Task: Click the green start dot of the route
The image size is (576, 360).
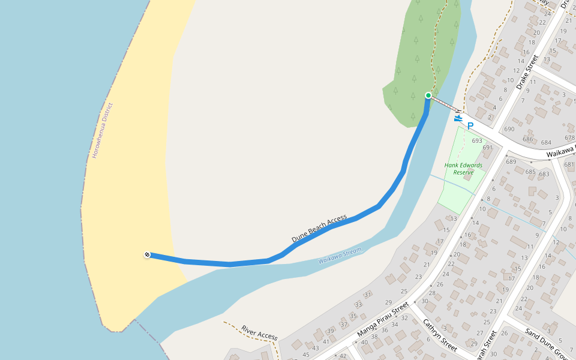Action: (x=428, y=95)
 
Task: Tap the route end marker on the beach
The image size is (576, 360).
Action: (x=147, y=255)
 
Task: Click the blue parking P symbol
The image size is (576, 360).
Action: (x=470, y=126)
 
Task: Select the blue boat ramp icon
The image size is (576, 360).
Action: (x=458, y=118)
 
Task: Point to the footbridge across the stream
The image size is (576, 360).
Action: (x=445, y=104)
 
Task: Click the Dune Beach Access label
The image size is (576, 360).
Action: (x=319, y=229)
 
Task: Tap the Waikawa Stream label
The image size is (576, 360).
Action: (x=340, y=256)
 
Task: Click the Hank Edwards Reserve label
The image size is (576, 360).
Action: (x=463, y=169)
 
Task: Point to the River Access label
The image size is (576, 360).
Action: (x=259, y=333)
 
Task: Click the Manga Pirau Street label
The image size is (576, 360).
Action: (x=382, y=323)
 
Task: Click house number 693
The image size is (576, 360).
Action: (x=477, y=141)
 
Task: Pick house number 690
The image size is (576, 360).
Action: (x=510, y=129)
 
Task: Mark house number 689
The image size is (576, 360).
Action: (x=511, y=161)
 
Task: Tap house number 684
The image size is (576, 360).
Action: (x=546, y=143)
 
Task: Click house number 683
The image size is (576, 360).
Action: (x=544, y=174)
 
